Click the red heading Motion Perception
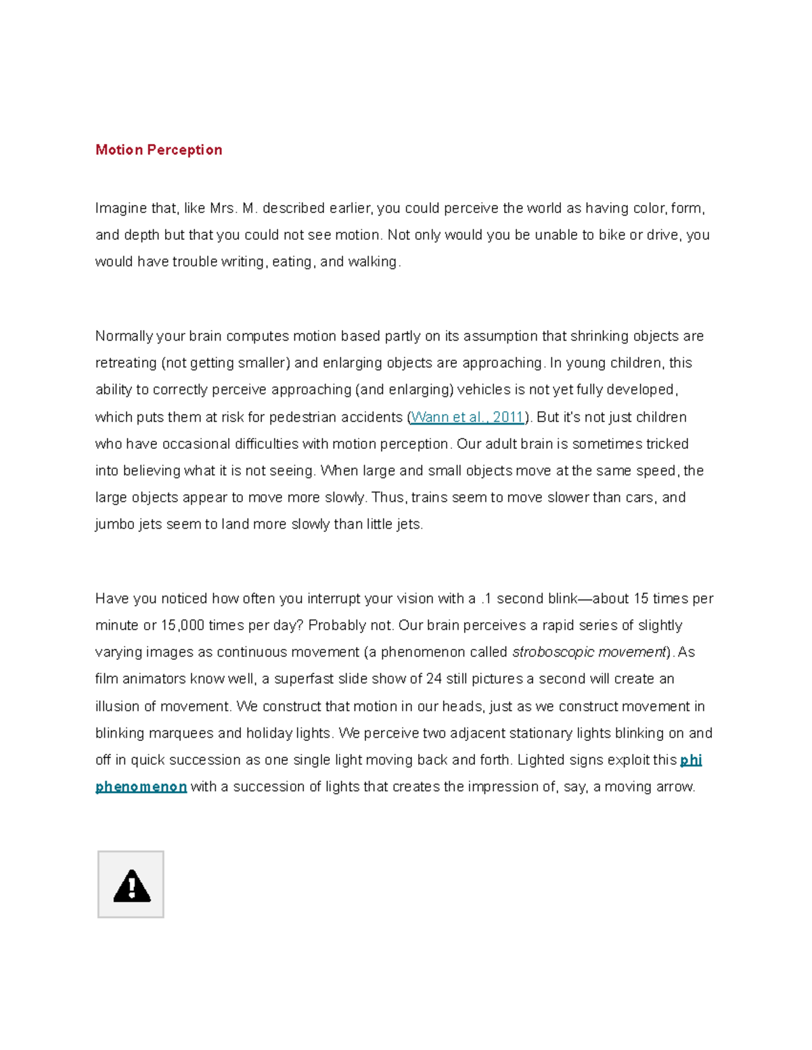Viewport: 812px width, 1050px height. tap(158, 149)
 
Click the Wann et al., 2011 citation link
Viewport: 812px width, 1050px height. tap(467, 417)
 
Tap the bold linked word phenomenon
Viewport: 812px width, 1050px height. tap(141, 787)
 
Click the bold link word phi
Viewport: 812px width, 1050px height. tap(691, 760)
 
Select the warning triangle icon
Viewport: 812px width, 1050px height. tap(131, 885)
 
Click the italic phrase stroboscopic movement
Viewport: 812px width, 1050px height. tap(589, 652)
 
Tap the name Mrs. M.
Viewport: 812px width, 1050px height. tap(233, 208)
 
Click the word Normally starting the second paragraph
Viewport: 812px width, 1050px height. tap(124, 336)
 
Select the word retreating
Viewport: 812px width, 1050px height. tap(126, 363)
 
